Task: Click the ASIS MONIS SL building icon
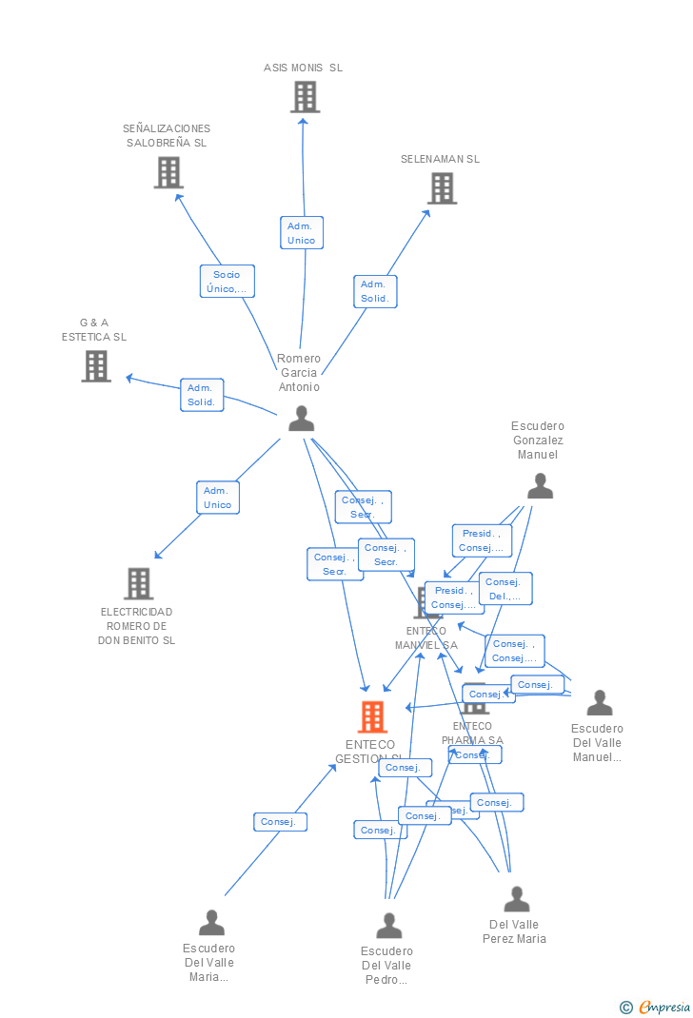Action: pos(305,97)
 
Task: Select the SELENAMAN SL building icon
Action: pos(442,188)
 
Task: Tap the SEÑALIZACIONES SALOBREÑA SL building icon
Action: pos(168,172)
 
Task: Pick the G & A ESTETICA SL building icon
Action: pos(96,366)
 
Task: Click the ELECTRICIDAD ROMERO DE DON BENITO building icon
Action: pos(138,583)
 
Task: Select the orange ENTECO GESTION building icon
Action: pos(372,717)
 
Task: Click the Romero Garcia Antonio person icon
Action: pos(301,419)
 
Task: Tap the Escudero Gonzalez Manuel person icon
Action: pos(540,486)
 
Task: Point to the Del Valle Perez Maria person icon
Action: pos(516,899)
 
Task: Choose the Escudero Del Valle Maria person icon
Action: pos(211,922)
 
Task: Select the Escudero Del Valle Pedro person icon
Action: pos(388,926)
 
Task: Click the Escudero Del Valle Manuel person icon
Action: pos(599,703)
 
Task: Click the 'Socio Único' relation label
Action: pos(228,282)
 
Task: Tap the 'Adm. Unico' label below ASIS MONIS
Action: pos(301,233)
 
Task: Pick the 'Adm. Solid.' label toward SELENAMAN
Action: pos(375,291)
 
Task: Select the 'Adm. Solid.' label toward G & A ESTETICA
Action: pos(202,395)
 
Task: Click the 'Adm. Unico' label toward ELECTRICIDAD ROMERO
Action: pos(218,498)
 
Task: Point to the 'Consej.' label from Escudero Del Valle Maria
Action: pos(280,822)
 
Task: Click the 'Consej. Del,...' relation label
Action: pos(505,589)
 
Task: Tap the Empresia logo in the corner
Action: pos(656,1007)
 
